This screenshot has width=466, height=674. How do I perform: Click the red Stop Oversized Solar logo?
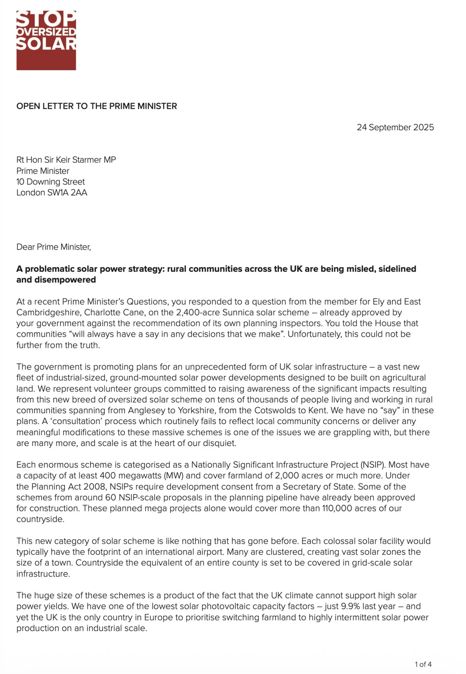(x=46, y=40)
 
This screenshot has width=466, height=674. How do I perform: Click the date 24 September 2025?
(x=395, y=127)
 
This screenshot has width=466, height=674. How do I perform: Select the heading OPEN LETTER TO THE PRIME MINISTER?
(x=96, y=106)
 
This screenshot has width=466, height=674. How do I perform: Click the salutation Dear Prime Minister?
(x=54, y=247)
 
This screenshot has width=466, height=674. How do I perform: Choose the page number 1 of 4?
(x=423, y=664)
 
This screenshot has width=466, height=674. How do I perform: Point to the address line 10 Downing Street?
(x=50, y=182)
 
